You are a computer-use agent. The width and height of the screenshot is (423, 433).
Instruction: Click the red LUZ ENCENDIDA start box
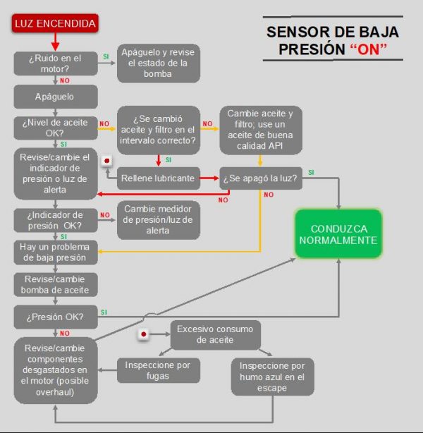[55, 23]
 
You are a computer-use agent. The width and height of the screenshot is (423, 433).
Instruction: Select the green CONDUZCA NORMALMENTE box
[338, 234]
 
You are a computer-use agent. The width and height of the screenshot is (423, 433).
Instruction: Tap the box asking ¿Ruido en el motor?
[56, 63]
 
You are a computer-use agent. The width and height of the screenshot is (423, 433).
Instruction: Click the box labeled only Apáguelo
[56, 97]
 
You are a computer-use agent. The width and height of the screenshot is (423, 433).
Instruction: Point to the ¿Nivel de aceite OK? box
[56, 128]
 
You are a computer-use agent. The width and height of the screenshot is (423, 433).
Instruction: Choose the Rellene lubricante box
[159, 178]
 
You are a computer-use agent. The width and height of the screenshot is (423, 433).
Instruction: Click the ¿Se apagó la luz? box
[261, 178]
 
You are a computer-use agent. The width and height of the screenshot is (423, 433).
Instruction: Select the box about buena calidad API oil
[261, 130]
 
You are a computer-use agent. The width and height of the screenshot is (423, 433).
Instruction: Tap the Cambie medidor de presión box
[159, 220]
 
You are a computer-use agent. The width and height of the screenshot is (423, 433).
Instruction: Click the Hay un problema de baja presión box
[56, 252]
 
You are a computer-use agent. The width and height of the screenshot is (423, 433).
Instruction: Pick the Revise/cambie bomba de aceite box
[56, 285]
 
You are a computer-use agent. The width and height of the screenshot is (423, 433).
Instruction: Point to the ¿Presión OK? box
[56, 317]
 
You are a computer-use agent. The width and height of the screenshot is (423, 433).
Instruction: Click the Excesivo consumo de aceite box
[215, 335]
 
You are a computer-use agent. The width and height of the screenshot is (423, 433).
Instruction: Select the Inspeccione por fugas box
[159, 371]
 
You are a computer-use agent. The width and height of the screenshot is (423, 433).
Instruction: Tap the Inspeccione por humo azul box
[273, 377]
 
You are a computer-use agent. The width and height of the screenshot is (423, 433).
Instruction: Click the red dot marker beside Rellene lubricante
[107, 161]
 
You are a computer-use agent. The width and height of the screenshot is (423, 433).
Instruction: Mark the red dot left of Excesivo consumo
[144, 334]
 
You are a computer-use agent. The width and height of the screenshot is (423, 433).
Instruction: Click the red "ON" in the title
[368, 49]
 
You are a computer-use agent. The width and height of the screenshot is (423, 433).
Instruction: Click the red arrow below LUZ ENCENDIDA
[55, 42]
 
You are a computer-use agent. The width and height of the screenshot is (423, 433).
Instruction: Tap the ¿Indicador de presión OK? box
[56, 220]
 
